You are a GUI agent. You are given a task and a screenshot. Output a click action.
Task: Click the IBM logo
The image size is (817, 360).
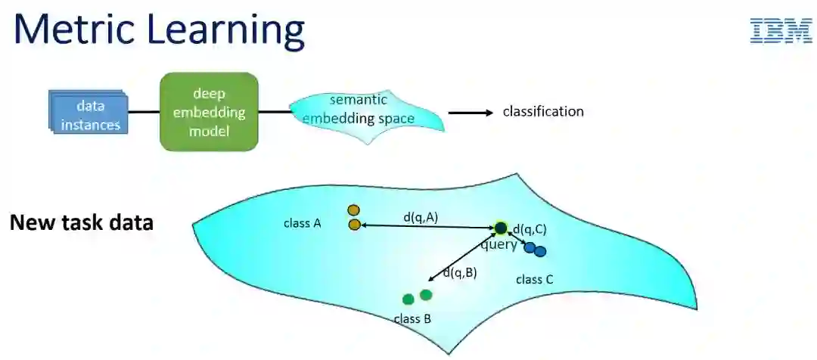781,31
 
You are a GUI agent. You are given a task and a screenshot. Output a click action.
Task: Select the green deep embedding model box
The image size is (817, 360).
209,112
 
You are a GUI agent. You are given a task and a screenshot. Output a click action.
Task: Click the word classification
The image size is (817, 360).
543,112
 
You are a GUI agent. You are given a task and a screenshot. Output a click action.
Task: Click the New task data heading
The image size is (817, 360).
82,223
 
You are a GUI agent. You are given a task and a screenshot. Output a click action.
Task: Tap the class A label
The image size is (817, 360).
303,223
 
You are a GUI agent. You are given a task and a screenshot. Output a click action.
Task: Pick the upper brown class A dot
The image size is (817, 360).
353,210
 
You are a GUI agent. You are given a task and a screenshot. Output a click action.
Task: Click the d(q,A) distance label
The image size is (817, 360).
421,217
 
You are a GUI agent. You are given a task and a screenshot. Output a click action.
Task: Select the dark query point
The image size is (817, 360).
501,228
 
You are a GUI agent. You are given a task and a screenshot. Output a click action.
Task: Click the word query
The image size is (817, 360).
499,245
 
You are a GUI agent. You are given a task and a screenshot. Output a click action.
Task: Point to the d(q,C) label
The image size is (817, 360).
530,229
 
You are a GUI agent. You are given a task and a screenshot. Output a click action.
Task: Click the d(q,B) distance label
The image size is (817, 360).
460,273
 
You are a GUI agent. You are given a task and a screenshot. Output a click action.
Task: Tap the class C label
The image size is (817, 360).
535,280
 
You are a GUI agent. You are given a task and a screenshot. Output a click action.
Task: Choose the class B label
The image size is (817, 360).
412,318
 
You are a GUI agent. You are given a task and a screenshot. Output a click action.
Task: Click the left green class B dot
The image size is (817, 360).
408,299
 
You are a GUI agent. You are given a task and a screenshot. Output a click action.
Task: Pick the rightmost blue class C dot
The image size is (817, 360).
540,251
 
